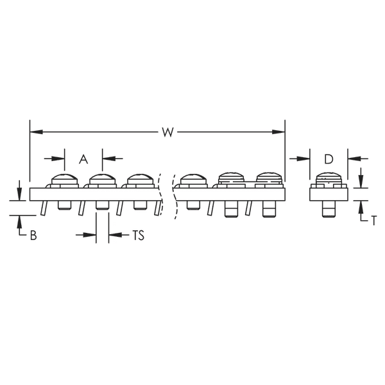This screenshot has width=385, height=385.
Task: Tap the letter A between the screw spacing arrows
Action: [x=83, y=158]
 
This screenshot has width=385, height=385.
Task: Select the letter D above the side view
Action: [x=328, y=158]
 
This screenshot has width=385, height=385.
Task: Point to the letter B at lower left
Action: [x=33, y=235]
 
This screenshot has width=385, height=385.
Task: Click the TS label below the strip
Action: [x=137, y=235]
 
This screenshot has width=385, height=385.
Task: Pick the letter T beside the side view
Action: [x=373, y=219]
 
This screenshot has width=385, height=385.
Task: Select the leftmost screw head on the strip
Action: [x=65, y=180]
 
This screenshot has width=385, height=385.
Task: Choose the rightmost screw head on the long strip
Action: [x=269, y=180]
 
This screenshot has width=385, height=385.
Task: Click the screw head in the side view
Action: [x=328, y=180]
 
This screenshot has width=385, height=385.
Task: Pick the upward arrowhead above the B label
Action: [x=20, y=219]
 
